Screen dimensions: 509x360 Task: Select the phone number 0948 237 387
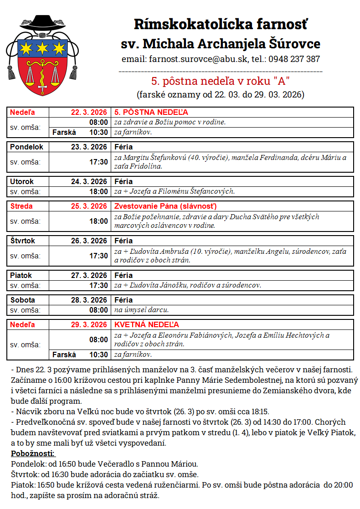[294, 59]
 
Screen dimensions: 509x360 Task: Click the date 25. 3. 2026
[89, 206]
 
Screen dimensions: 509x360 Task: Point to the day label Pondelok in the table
[27, 147]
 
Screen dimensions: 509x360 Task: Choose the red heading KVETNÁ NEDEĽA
[146, 324]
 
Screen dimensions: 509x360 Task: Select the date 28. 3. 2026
[89, 300]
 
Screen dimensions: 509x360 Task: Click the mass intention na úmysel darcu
[141, 310]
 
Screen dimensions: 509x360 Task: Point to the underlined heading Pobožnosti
[32, 454]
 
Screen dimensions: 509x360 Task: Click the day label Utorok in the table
[22, 181]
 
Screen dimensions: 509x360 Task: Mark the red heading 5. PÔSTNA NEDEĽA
[151, 112]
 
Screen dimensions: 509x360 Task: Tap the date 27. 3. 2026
[89, 275]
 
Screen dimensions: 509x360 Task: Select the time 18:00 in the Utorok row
[99, 191]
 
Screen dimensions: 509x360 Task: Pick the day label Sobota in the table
[23, 300]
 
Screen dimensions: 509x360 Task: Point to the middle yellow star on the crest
[42, 47]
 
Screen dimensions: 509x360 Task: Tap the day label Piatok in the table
[21, 275]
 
